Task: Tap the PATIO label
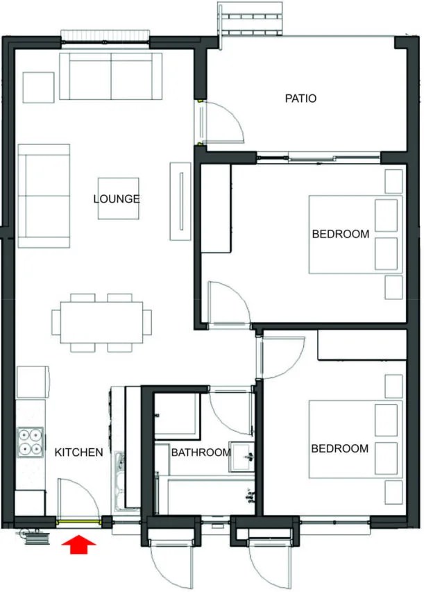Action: (300, 99)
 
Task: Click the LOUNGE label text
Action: (117, 198)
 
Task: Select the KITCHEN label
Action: (78, 453)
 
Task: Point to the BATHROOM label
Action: (201, 453)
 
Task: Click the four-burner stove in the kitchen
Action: (31, 442)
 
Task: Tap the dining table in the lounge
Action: (101, 322)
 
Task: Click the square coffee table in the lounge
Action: (119, 198)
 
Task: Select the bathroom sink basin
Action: (241, 457)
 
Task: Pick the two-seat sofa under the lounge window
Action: (110, 76)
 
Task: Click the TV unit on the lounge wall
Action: (180, 201)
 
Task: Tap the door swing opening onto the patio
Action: (221, 121)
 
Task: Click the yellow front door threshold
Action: (78, 522)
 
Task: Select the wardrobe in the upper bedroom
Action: (216, 208)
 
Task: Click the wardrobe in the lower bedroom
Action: (362, 345)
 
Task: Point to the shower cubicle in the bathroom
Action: (177, 415)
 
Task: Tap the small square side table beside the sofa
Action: (38, 87)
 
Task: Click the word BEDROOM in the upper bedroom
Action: (341, 234)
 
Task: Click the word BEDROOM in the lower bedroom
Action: (340, 448)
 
